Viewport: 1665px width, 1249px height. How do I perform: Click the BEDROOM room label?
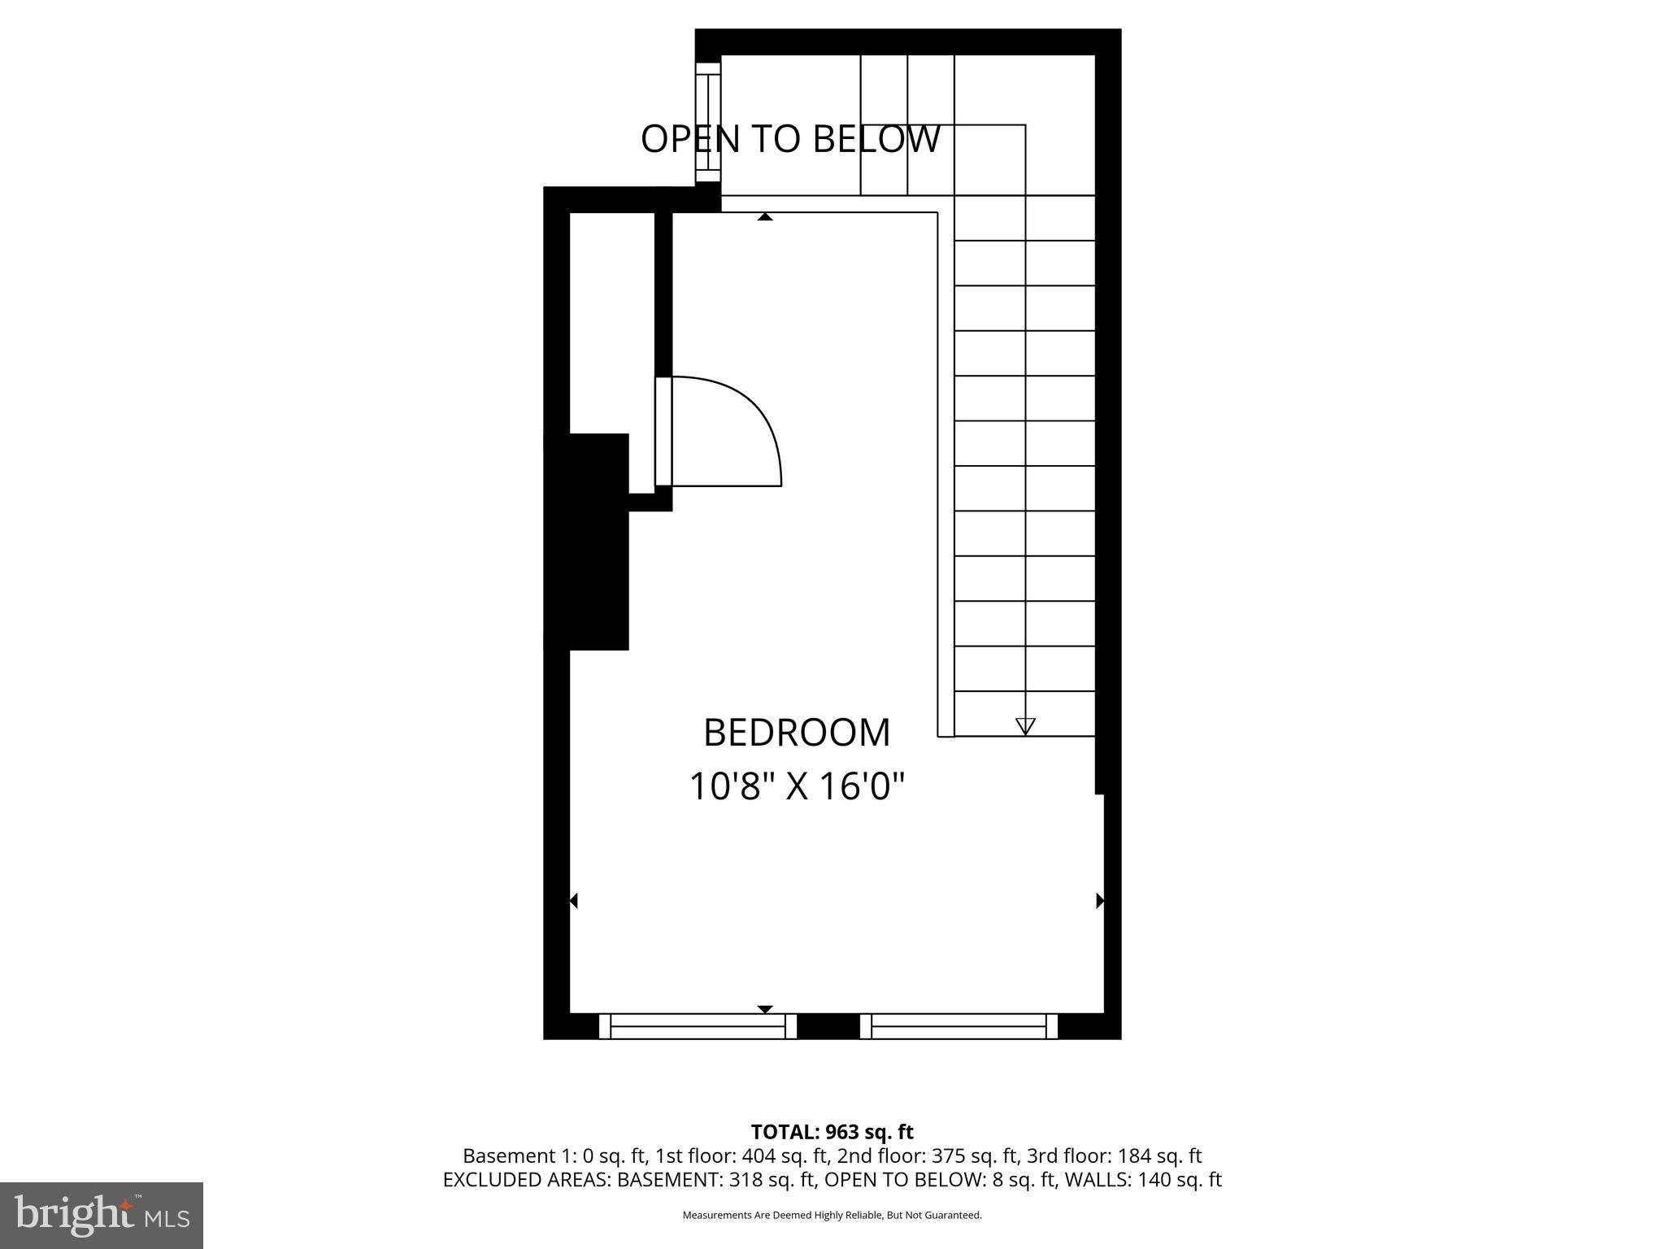(x=796, y=733)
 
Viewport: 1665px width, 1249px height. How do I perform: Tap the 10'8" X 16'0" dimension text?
(x=797, y=787)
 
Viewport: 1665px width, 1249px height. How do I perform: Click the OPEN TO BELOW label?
(x=790, y=139)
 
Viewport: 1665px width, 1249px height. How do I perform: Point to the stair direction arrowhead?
(x=1025, y=726)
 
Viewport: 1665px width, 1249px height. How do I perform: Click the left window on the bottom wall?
(x=698, y=1026)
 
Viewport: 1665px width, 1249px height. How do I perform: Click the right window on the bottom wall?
(x=959, y=1026)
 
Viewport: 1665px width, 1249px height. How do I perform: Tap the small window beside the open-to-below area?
(x=708, y=123)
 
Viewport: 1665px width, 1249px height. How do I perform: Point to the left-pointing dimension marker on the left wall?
(x=573, y=900)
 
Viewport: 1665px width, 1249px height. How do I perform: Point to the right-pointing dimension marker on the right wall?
(x=1100, y=900)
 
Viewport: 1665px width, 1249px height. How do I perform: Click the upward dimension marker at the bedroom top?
(x=764, y=217)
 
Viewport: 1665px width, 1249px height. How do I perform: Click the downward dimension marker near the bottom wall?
(x=764, y=1009)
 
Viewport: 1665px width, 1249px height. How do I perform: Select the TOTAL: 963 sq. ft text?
(x=832, y=1132)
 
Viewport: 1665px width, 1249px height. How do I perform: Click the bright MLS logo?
(x=102, y=1215)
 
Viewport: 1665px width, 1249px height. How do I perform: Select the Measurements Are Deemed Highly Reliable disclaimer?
(x=832, y=1216)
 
